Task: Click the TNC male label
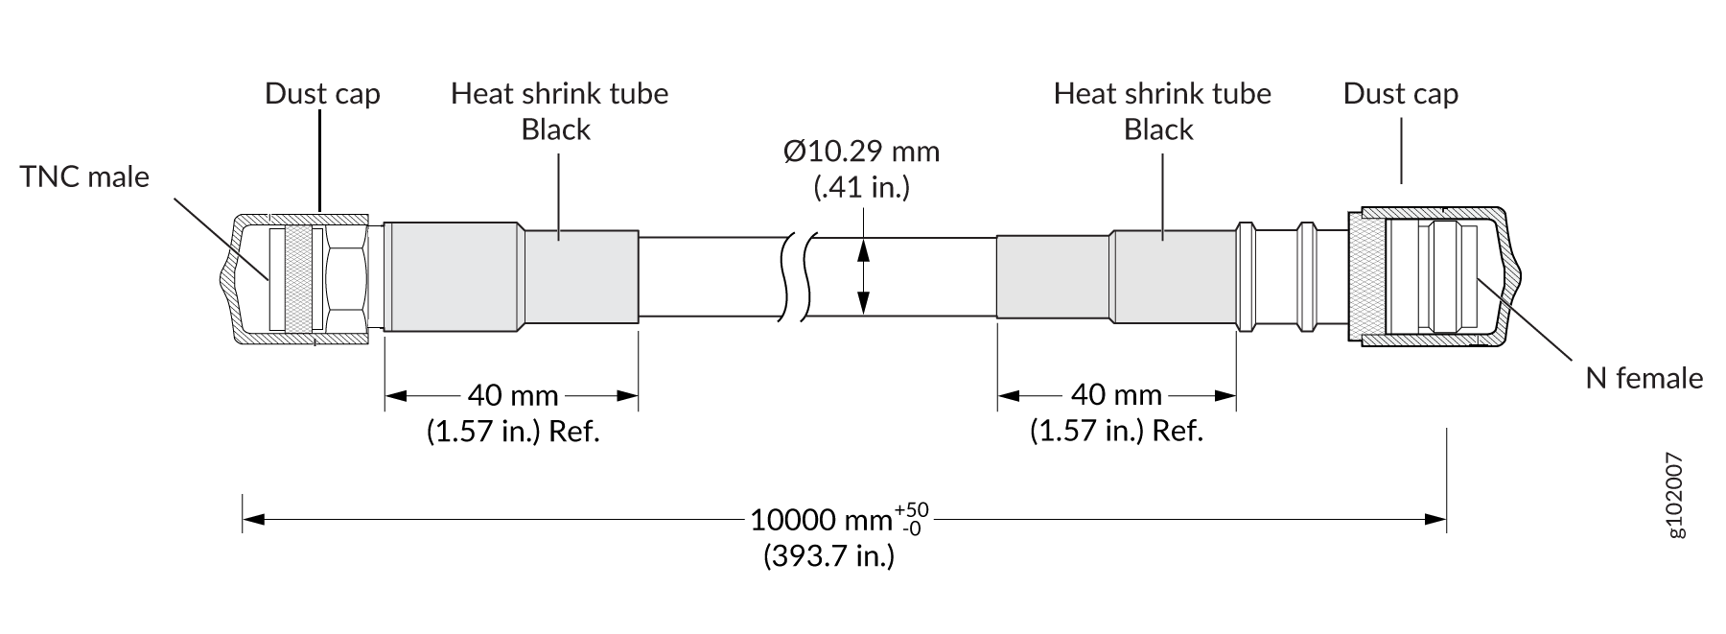[84, 177]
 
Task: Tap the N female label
[1644, 378]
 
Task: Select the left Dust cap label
[322, 94]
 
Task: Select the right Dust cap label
[1400, 94]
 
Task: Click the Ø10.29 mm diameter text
[861, 152]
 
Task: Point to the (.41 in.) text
[861, 186]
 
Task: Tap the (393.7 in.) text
[828, 555]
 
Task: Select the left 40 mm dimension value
[513, 395]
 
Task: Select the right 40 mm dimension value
[1116, 395]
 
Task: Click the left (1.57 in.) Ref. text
[513, 431]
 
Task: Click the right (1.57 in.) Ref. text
[1116, 431]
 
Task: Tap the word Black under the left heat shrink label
[556, 129]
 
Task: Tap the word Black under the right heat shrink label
[1158, 129]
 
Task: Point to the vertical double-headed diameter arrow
[864, 277]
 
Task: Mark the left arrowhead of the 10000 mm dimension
[253, 520]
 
